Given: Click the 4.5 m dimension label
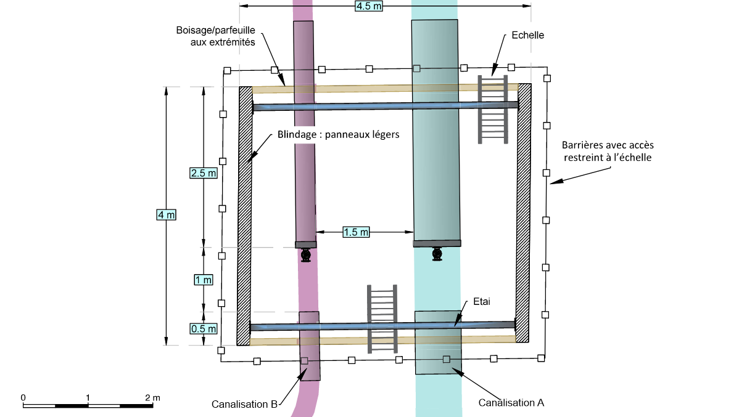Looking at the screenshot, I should point(368,6).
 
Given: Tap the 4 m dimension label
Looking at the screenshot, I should point(167,215).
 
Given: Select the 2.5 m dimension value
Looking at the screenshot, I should point(204,173).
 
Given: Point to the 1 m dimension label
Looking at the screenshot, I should point(204,280).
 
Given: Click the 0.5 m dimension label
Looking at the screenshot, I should point(204,328).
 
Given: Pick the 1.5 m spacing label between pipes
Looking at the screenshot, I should point(356,232).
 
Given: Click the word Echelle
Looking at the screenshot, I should point(528,35).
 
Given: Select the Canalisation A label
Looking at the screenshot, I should point(511,403).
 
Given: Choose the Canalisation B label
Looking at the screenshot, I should point(244,405).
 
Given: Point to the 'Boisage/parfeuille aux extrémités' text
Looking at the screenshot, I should point(215,35).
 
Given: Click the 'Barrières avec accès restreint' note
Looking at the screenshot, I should point(607,151).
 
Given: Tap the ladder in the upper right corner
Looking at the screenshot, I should point(493,110).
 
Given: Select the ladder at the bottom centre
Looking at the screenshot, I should point(381,318).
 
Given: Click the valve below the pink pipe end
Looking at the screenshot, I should point(305,255).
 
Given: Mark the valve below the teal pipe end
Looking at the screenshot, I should point(437,253).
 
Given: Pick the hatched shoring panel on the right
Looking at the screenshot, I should point(524,213).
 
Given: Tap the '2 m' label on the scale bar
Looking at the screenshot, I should point(152,398).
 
